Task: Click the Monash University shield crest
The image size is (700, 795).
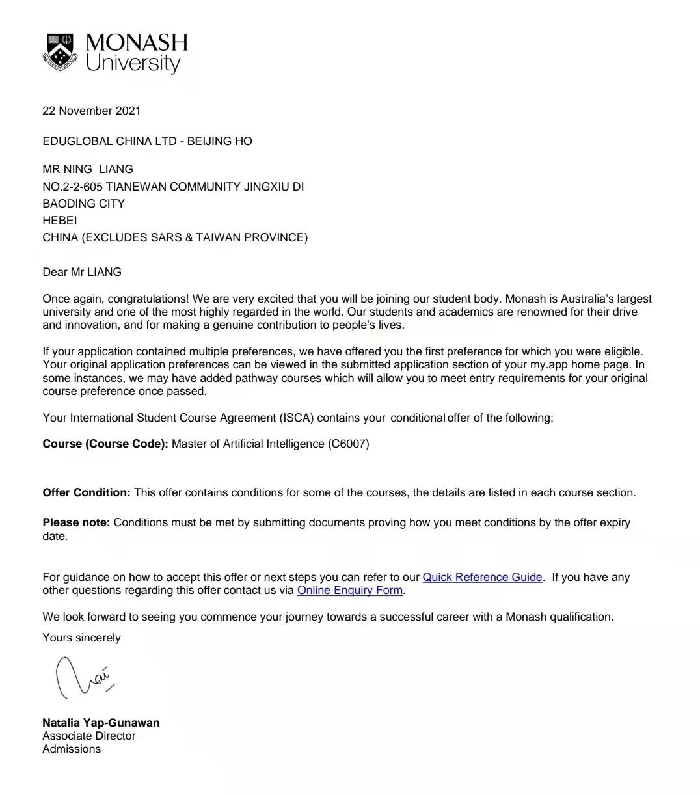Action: tap(60, 51)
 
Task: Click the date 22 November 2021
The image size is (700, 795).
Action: tap(91, 111)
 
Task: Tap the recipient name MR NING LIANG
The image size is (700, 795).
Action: tap(88, 169)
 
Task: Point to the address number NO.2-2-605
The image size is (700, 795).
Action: tap(72, 187)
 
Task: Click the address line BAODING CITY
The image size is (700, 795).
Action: tap(83, 204)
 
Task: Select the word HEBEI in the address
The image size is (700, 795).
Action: tap(59, 221)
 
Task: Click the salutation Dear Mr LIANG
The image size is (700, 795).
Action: tap(82, 272)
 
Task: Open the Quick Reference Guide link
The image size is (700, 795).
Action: tap(482, 577)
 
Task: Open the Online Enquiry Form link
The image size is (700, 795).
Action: tap(350, 590)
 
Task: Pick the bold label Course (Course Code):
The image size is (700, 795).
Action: tap(105, 444)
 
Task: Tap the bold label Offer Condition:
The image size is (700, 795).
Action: tap(87, 492)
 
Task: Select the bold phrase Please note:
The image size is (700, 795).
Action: tap(76, 522)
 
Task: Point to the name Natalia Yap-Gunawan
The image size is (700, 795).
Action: tap(101, 723)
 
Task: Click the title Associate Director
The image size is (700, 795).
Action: tap(89, 736)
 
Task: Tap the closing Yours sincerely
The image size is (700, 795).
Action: tap(81, 638)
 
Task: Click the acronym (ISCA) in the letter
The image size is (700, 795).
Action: tap(297, 418)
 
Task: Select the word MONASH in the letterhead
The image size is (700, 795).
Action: tap(137, 43)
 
